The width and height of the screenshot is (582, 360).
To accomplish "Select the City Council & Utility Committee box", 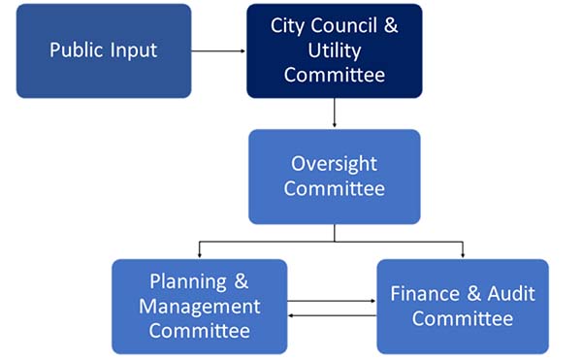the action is [x=335, y=49].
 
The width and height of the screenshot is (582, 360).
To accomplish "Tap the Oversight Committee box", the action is [x=335, y=177].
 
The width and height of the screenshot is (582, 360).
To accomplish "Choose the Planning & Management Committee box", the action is [x=199, y=306].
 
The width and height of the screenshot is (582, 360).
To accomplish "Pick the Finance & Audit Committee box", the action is [x=462, y=306].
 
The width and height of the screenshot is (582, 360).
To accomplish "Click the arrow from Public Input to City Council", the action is [x=218, y=49].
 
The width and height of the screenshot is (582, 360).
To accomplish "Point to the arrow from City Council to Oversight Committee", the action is [x=335, y=114].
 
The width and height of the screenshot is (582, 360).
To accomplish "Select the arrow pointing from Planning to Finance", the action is [x=332, y=301].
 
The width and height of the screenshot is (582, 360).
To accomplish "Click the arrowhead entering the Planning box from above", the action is [x=199, y=255].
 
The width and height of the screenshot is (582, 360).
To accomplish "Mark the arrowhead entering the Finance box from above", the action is [x=462, y=255].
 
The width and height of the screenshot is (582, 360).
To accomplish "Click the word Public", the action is [x=76, y=49].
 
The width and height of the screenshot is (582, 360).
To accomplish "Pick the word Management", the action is [x=199, y=307].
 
